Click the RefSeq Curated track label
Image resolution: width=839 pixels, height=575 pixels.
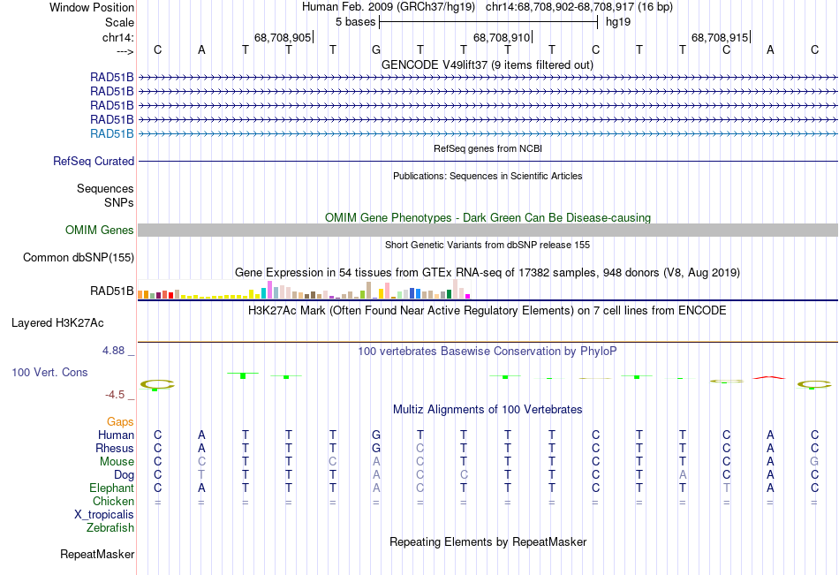(x=94, y=162)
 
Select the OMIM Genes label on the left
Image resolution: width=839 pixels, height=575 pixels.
(x=100, y=231)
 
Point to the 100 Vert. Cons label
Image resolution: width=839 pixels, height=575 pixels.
(x=49, y=373)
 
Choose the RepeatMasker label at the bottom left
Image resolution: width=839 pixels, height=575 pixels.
(x=97, y=555)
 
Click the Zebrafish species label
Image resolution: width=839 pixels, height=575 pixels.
(x=110, y=528)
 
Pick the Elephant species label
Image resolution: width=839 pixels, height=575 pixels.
(x=111, y=488)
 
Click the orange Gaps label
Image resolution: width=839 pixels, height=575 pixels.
(x=120, y=422)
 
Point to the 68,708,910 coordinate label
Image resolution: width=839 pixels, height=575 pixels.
(x=502, y=38)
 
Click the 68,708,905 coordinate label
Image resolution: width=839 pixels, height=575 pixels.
(x=283, y=38)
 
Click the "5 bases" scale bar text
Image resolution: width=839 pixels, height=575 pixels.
(x=355, y=21)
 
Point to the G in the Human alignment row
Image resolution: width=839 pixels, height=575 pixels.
(x=375, y=435)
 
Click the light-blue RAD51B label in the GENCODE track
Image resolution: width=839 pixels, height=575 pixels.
(x=112, y=134)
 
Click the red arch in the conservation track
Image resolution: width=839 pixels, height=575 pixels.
(x=769, y=377)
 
